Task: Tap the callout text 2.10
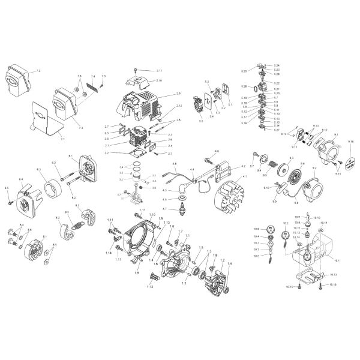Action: coord(159,80)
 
